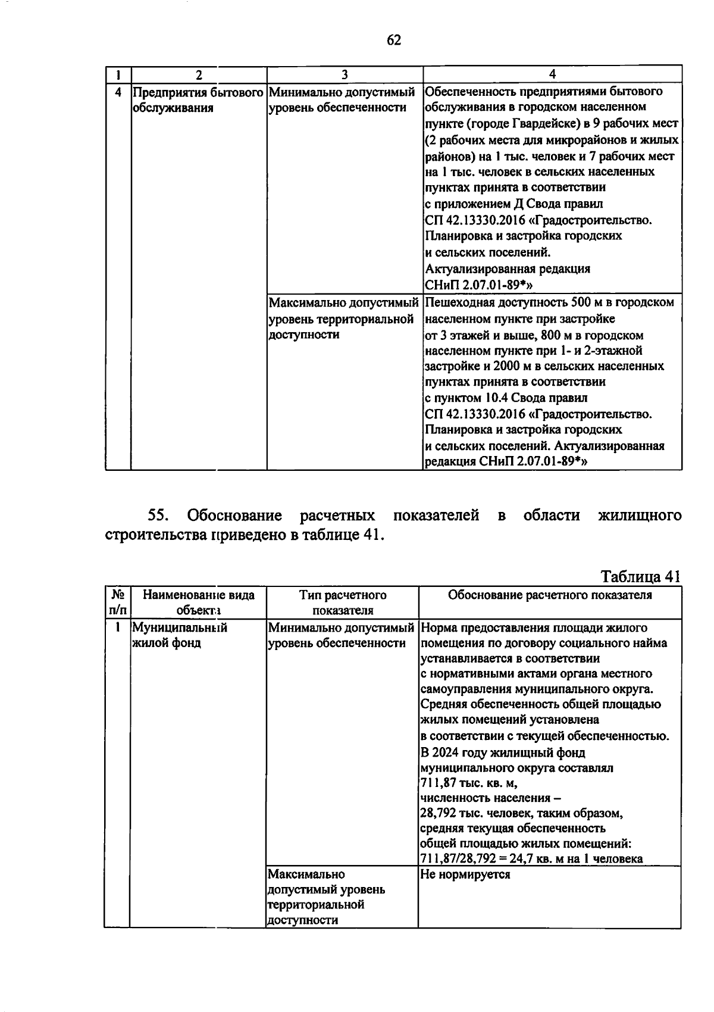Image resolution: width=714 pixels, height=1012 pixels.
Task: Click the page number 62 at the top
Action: pos(394,40)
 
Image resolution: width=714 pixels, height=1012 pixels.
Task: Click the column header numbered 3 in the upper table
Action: pos(344,74)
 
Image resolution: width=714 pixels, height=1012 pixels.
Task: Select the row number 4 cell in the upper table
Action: pos(118,92)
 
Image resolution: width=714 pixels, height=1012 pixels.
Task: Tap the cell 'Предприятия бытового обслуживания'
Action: pos(198,100)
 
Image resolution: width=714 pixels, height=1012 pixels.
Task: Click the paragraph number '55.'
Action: pos(159,515)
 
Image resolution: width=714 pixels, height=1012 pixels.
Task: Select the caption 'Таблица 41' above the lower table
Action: pos(640,576)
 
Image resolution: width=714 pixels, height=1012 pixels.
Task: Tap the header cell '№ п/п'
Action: pos(117,602)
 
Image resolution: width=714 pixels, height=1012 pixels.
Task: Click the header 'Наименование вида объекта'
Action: pos(198,602)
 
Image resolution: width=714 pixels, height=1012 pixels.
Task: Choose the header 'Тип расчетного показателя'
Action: pos(343,602)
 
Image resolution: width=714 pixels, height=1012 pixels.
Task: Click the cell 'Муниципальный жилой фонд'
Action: pos(179,635)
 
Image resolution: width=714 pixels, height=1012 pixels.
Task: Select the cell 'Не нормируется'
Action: pos(465,874)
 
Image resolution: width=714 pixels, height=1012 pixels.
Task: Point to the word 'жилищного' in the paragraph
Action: pos(639,515)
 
